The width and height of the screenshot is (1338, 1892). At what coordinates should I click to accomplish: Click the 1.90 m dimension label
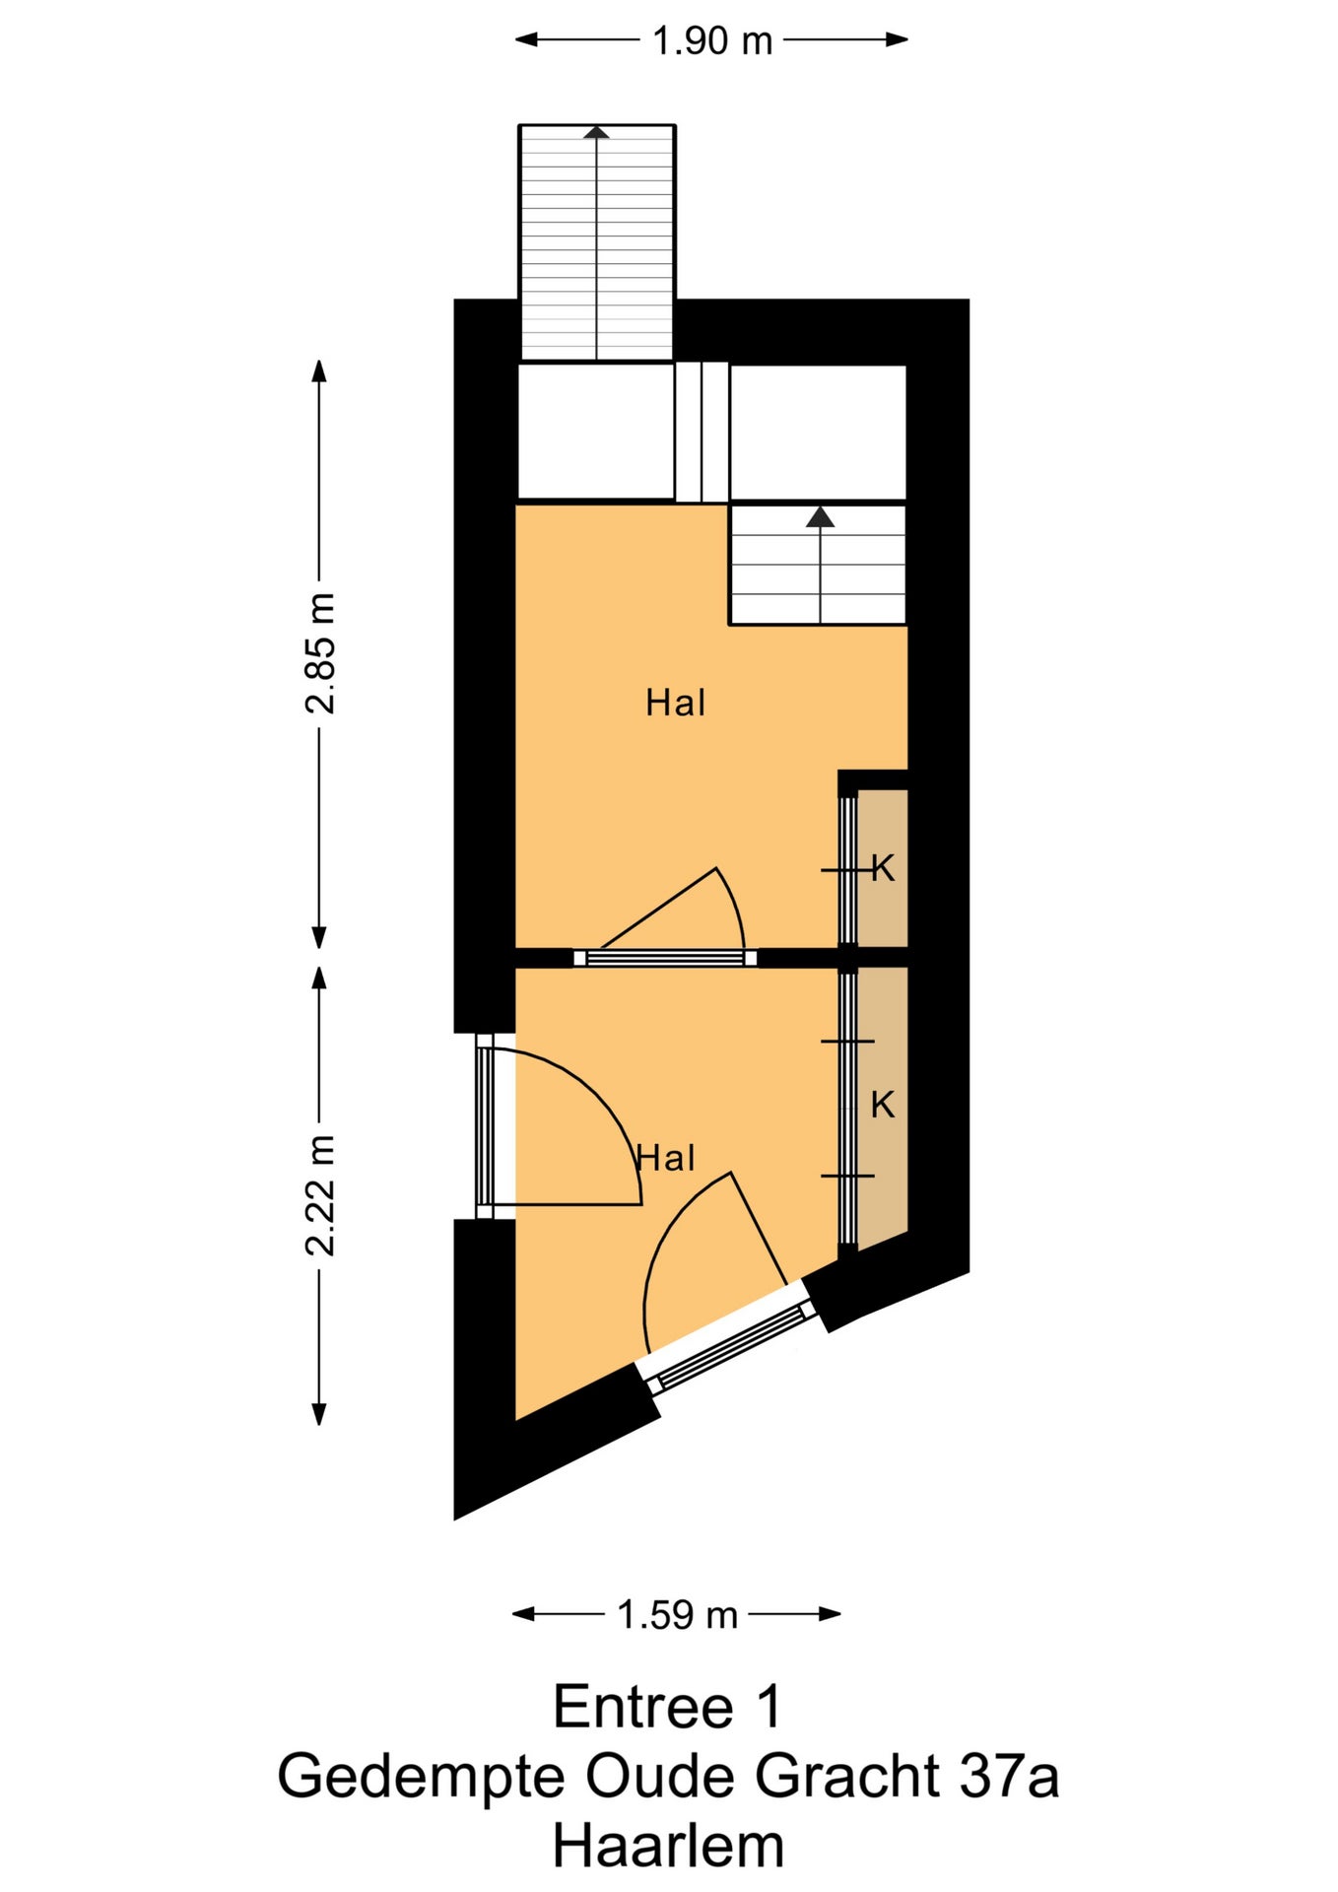711,40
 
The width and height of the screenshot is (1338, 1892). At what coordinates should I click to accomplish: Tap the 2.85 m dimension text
320,653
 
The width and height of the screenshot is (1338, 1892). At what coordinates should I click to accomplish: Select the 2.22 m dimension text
320,1195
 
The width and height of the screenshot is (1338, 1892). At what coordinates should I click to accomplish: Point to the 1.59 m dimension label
677,1615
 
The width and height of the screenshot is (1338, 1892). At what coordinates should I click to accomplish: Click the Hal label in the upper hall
676,703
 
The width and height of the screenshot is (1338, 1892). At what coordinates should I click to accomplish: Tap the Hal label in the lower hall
667,1158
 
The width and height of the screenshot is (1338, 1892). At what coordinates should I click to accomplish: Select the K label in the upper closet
883,868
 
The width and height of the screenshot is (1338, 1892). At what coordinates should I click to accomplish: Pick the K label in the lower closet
883,1105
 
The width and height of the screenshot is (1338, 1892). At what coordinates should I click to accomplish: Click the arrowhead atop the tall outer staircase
596,131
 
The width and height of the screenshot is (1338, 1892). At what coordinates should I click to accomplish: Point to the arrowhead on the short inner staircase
820,517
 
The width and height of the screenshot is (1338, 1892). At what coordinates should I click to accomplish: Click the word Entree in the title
643,1707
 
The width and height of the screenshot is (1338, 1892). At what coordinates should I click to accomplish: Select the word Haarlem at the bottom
668,1847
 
